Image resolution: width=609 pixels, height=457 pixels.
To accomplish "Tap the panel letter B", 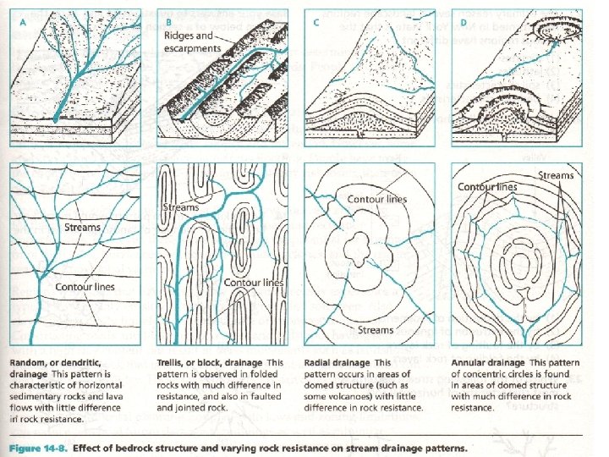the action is (x=169, y=23).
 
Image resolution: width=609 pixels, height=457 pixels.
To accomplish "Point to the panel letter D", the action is (x=460, y=23).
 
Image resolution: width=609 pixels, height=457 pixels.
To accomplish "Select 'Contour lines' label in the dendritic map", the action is (x=85, y=288).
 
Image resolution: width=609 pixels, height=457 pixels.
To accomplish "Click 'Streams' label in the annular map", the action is (x=555, y=176).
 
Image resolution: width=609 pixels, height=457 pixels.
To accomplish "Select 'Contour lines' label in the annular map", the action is (x=488, y=186).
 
